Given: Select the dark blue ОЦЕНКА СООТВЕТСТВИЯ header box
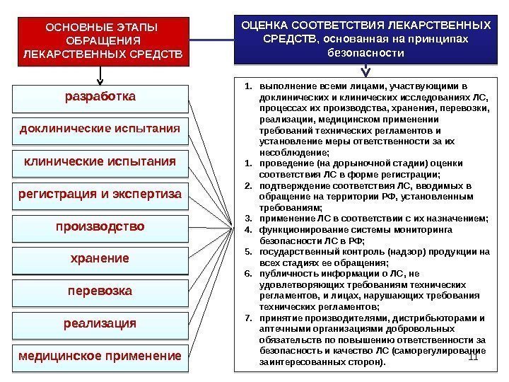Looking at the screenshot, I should tap(365, 38).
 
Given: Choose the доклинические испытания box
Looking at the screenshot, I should tap(101, 130).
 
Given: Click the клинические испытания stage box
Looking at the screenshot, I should tap(101, 163).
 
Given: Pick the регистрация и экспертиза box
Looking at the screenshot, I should tap(101, 195).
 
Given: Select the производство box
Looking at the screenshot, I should tap(101, 228).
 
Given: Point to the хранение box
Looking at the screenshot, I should tap(101, 260).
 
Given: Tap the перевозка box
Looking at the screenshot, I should tap(101, 291).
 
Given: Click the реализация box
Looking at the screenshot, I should tap(101, 324).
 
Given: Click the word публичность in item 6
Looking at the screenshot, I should tap(285, 274).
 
